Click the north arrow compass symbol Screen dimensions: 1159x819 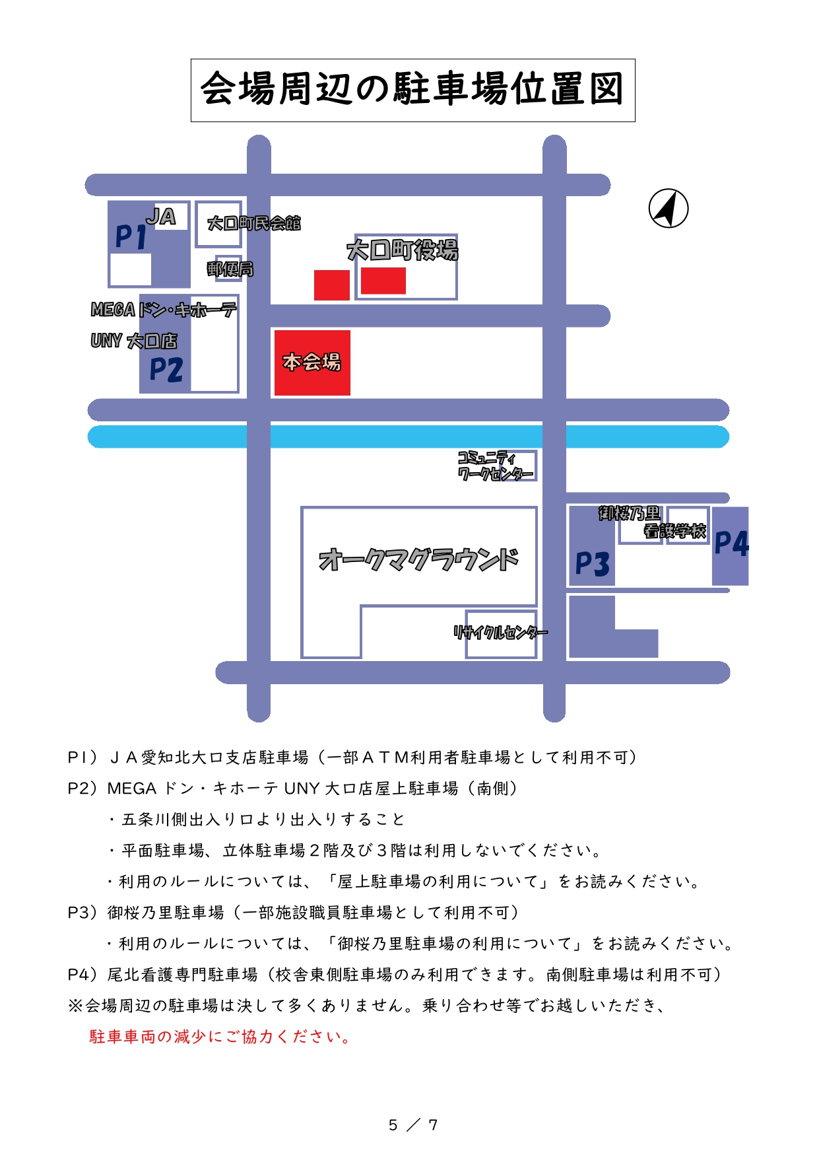pos(668,209)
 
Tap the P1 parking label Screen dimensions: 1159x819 pos(131,236)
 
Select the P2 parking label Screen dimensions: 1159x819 pos(166,369)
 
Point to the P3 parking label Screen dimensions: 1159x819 pos(592,564)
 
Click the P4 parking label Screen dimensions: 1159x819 pos(731,544)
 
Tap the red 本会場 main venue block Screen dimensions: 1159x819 pos(312,363)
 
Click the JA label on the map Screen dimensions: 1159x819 pos(162,217)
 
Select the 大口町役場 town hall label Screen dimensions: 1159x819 pos(402,250)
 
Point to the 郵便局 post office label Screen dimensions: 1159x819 pos(230,269)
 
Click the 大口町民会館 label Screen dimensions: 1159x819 pos(253,223)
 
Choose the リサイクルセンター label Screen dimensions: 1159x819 pos(500,633)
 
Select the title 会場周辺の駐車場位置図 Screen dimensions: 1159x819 pos(412,90)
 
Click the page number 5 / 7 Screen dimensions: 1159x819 pos(412,1125)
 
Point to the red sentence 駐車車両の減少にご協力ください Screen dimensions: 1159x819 pos(220,1036)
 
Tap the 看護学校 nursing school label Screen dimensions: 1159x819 pos(674,531)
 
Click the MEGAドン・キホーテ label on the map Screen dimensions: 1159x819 pos(163,309)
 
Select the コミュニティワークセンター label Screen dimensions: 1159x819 pos(494,466)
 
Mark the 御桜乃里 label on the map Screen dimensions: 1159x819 pos(629,513)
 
